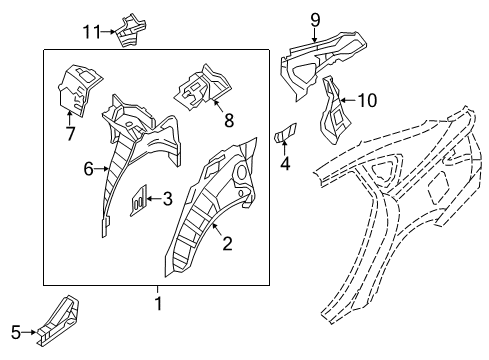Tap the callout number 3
(x=167, y=199)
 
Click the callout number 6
(x=86, y=170)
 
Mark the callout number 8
(x=228, y=123)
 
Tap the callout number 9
(x=315, y=17)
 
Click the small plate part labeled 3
(x=140, y=198)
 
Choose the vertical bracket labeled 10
(x=331, y=112)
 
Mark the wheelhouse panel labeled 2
(x=205, y=210)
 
